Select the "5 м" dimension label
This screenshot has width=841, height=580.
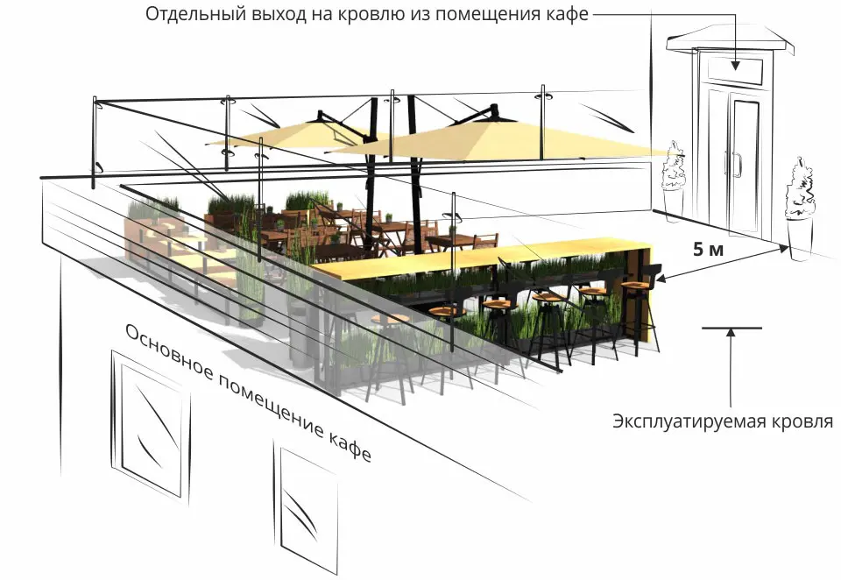(x=708, y=250)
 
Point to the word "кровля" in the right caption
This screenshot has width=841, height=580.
(x=803, y=421)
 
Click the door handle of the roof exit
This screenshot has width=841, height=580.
(x=737, y=164)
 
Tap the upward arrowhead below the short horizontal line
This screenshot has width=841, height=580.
(x=730, y=333)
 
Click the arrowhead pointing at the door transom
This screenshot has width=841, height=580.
(x=735, y=65)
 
